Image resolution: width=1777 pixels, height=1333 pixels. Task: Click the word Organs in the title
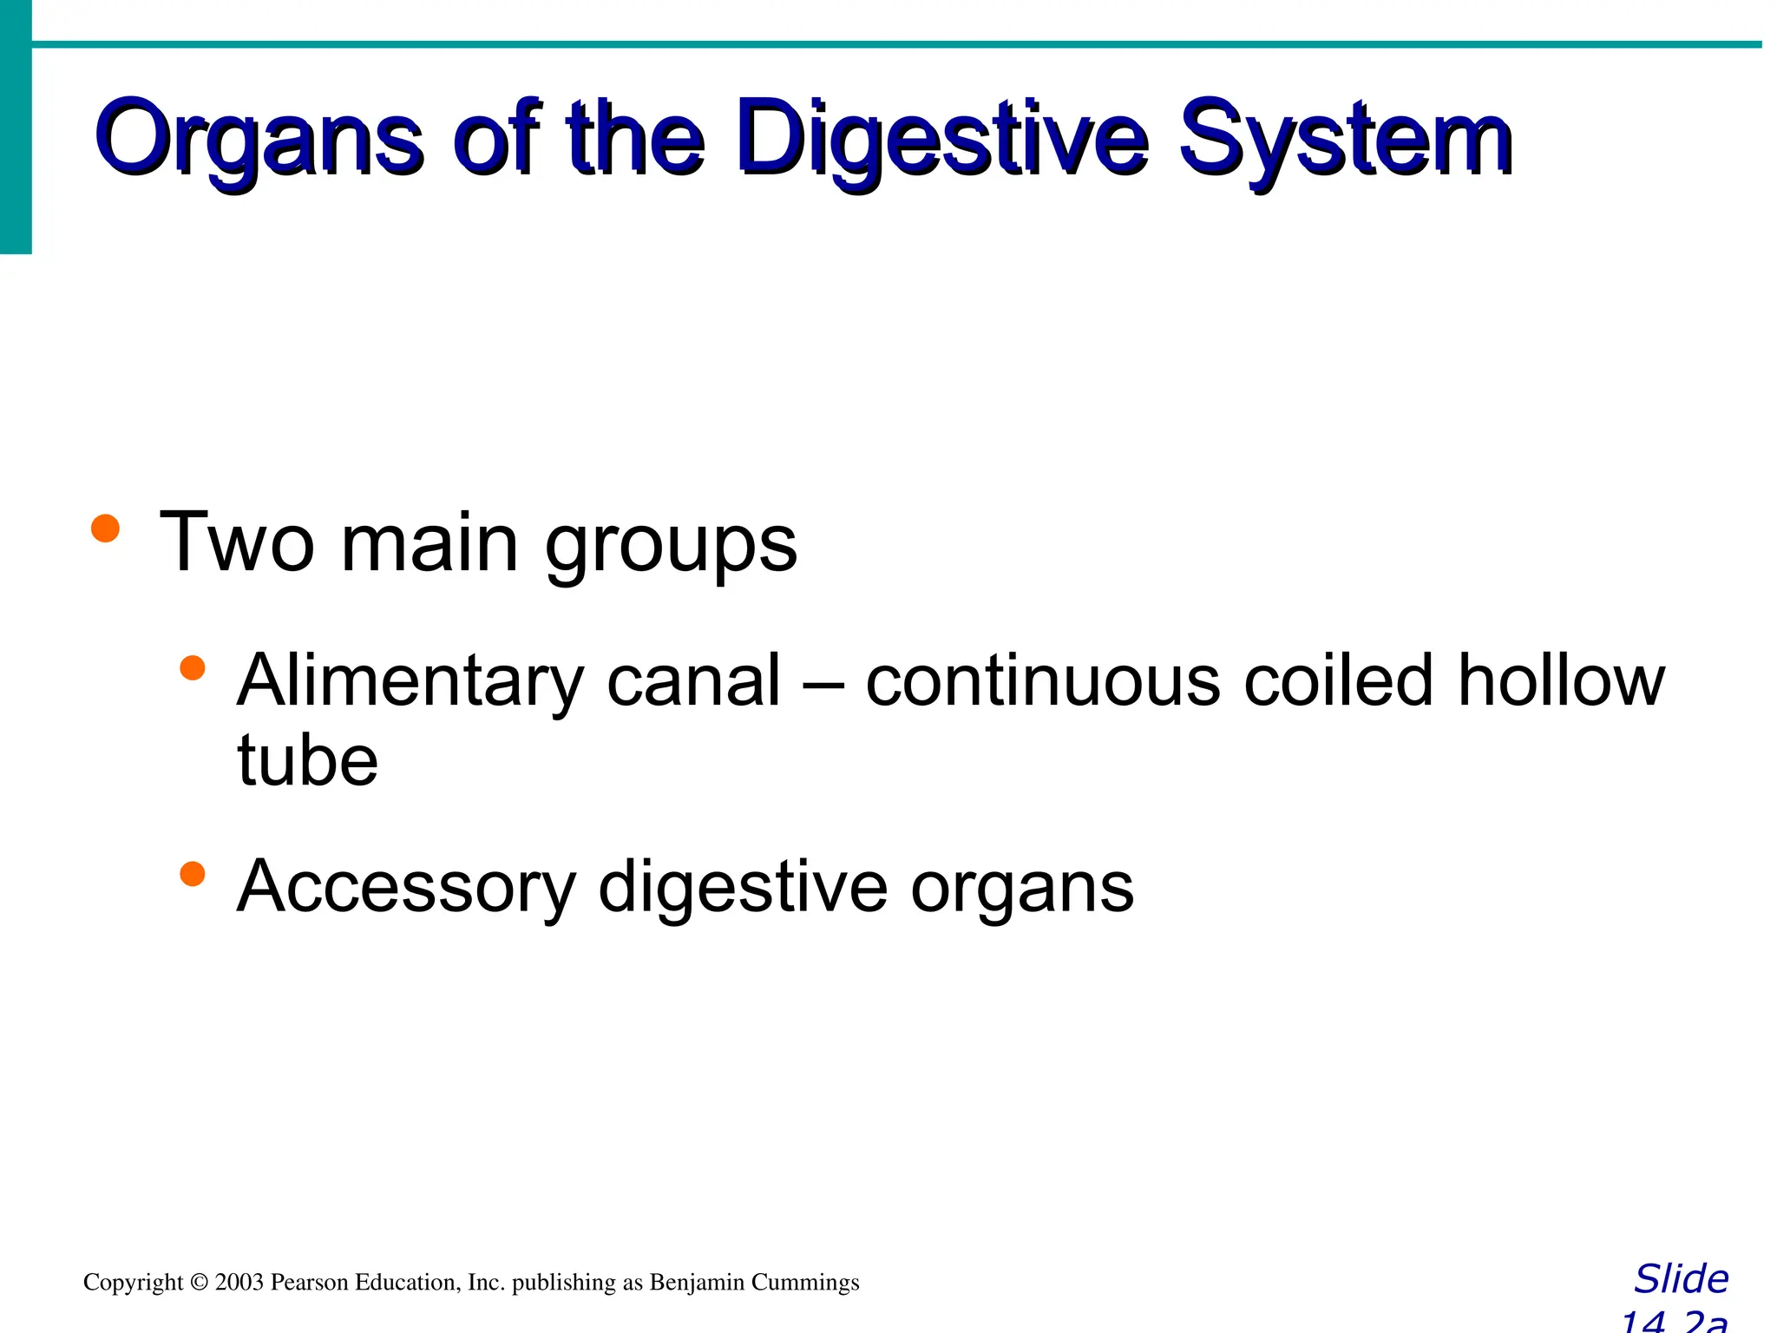259,139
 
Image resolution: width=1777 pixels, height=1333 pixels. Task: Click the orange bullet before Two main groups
105,528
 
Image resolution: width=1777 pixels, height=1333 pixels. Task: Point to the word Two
236,542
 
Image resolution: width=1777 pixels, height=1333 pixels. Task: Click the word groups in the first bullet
671,547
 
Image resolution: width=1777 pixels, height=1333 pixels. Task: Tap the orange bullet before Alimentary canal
192,668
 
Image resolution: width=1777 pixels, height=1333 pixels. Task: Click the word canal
694,681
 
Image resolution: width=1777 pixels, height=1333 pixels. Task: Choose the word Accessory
406,887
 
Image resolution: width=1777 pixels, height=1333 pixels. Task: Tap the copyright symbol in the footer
200,1283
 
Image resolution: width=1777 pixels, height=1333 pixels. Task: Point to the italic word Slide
1681,1279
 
